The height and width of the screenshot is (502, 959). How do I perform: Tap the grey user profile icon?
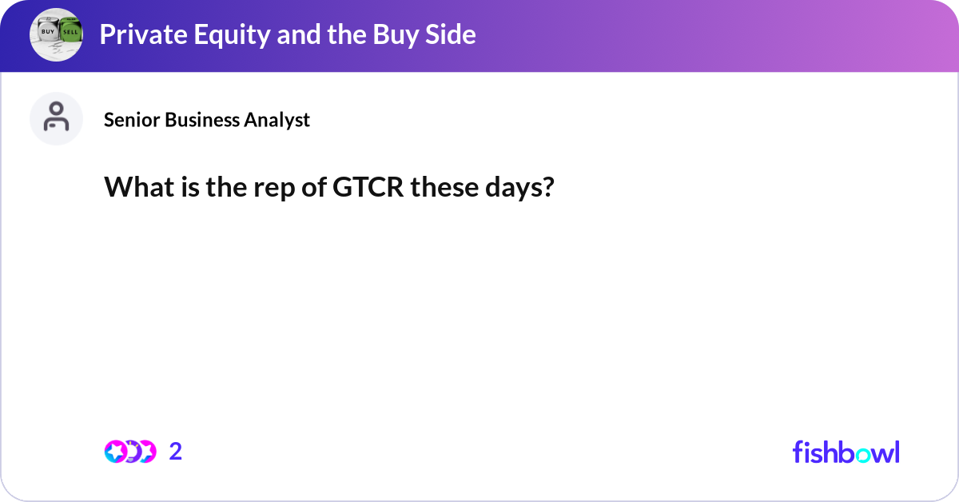pos(56,118)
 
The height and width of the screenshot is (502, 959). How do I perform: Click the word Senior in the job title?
pos(132,120)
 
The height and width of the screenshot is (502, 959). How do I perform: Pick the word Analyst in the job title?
pos(279,120)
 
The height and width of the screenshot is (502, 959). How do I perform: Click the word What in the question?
pos(136,189)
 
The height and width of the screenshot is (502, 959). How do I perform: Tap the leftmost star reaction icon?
pos(115,452)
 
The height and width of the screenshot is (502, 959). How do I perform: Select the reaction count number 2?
pos(176,452)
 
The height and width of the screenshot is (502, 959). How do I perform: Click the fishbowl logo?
pos(846,452)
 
